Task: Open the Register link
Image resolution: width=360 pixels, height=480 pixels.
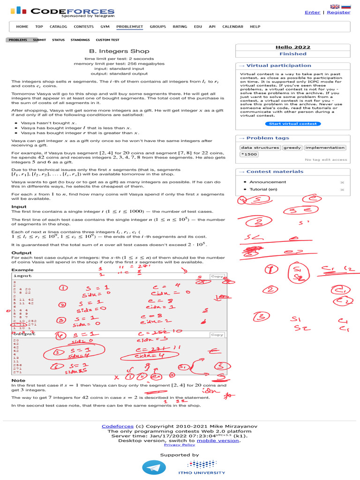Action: coord(338,12)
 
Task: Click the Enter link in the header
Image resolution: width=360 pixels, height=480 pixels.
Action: coord(312,12)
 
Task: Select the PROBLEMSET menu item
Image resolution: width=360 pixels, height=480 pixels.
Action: coord(129,27)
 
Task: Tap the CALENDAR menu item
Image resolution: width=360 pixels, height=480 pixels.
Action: coord(232,27)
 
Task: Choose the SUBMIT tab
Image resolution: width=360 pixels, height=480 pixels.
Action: coord(39,40)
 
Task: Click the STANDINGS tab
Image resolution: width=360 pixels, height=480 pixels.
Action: coord(80,40)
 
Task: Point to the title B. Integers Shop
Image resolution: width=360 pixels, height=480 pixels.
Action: coord(119,51)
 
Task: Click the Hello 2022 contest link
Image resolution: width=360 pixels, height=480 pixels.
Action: coord(292,47)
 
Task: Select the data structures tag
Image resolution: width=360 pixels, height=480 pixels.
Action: coord(260,148)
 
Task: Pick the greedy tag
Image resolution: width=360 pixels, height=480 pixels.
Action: coord(292,148)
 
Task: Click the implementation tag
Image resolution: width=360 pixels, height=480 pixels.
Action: coord(324,148)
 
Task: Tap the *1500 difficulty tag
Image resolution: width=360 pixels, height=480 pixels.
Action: coord(248,154)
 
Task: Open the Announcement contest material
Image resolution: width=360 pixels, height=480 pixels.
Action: coord(267,182)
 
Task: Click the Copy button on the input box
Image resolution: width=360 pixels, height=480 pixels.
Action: coord(217,277)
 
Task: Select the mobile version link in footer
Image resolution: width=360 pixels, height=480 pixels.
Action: coord(217,441)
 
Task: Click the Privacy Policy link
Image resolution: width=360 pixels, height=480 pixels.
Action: coord(180,445)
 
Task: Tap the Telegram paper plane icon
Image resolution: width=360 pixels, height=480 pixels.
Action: coord(154,468)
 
